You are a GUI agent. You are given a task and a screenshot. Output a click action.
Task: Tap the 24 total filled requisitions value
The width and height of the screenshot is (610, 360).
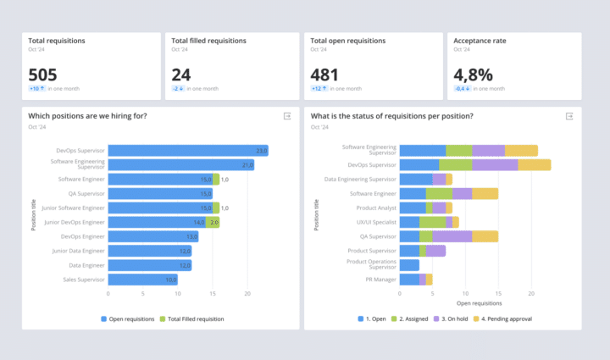click(181, 74)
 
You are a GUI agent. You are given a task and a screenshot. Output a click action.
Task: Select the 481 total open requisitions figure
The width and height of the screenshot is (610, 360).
click(326, 74)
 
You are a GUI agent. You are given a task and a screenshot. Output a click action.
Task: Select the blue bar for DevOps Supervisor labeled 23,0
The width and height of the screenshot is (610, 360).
click(188, 151)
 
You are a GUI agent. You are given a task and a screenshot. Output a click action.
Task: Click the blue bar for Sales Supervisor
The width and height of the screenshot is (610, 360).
click(142, 280)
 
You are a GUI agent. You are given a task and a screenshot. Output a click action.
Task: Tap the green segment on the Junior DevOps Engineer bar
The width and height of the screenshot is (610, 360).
click(215, 222)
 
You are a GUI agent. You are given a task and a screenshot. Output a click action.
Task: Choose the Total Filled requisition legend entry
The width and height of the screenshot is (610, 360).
click(195, 318)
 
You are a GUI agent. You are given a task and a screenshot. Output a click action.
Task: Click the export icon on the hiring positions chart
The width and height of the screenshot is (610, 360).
click(286, 116)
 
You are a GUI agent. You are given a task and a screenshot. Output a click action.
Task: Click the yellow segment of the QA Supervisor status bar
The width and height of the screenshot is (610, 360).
click(485, 236)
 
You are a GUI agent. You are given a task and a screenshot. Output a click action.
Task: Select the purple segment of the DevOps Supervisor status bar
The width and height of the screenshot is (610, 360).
click(495, 164)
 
